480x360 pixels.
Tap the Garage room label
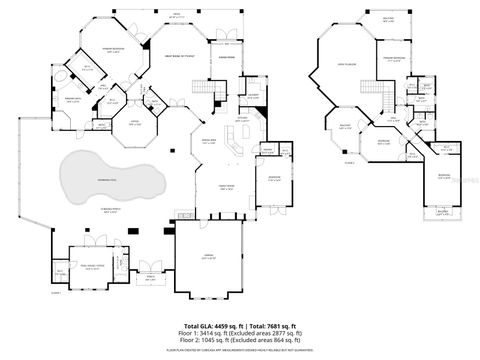[209, 258]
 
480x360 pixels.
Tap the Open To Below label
[347, 65]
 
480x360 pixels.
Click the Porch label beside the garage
[150, 279]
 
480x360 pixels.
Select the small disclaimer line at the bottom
[240, 351]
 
